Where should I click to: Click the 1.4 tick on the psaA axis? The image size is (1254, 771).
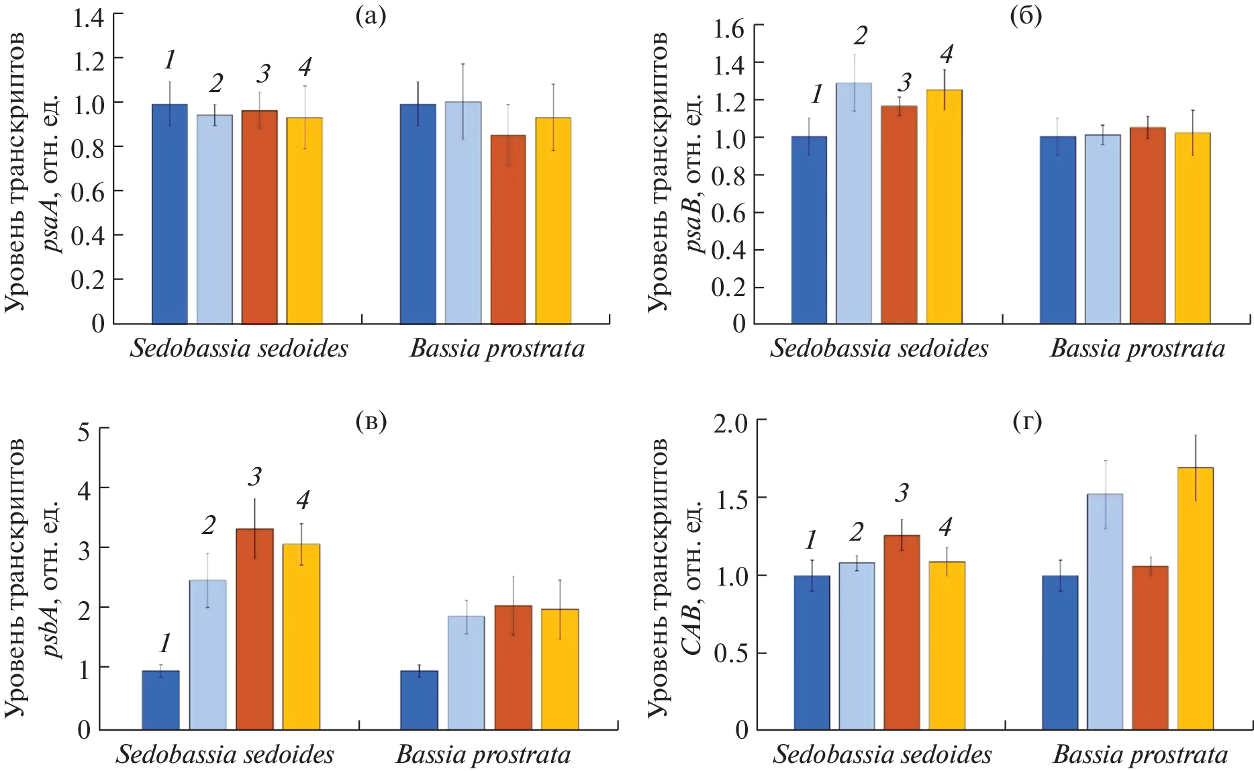click(x=89, y=17)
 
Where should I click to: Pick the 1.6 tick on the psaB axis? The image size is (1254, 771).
click(x=729, y=29)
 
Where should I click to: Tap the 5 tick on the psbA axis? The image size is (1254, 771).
click(x=84, y=431)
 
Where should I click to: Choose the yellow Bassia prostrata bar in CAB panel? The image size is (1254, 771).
click(x=1195, y=598)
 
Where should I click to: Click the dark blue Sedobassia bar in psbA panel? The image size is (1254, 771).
click(x=160, y=700)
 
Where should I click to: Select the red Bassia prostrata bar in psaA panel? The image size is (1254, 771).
click(x=508, y=229)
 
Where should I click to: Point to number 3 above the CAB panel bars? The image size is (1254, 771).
click(x=902, y=493)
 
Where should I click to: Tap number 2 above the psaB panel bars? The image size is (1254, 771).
click(x=860, y=36)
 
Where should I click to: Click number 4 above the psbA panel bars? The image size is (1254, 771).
click(x=303, y=500)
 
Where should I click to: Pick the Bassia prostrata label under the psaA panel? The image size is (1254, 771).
click(x=497, y=349)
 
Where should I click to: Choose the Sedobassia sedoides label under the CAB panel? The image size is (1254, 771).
click(x=882, y=754)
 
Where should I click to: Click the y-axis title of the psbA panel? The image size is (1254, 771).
click(x=34, y=578)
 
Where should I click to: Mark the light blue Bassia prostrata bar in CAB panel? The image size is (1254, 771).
click(x=1105, y=611)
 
